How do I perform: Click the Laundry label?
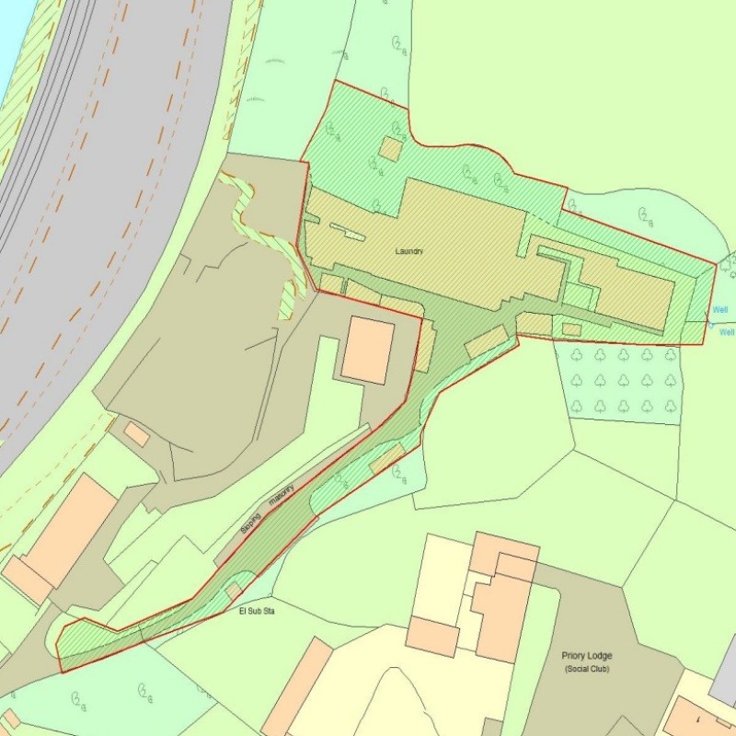coord(408,251)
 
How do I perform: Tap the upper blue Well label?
coord(719,310)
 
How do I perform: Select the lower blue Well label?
coord(726,332)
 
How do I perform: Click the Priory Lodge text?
coord(586,656)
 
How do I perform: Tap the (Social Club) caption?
coord(586,669)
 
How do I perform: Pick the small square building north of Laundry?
coord(391,149)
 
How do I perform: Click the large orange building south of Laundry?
coord(368,350)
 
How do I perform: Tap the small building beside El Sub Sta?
coord(234,590)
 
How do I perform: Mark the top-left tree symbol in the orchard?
coord(576,354)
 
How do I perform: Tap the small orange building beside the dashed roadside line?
coord(136,434)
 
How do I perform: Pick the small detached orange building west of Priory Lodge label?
coord(432,637)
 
